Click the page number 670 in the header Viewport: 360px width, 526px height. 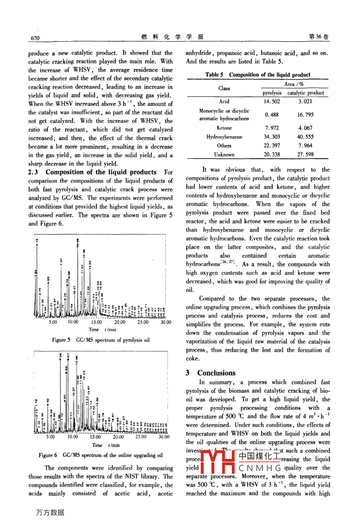(35, 37)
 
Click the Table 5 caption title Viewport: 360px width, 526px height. (258, 75)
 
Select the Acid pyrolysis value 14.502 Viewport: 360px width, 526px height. (272, 102)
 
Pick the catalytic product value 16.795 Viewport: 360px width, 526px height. (305, 115)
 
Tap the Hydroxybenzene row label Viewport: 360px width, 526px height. (224, 137)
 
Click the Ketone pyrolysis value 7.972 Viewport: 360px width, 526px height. (272, 128)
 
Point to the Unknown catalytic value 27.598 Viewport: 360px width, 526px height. (305, 154)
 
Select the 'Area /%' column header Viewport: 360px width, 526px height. (294, 84)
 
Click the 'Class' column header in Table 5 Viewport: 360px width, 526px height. (224, 88)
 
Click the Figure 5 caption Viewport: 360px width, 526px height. (101, 340)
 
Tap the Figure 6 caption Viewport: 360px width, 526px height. (101, 455)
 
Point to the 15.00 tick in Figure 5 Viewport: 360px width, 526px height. (97, 322)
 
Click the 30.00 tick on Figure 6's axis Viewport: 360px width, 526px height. (164, 437)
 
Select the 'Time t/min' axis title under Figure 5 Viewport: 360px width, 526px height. (102, 330)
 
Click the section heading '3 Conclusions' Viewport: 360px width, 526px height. (211, 373)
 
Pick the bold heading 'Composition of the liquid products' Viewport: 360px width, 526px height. (101, 172)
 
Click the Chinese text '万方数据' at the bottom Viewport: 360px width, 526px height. (50, 512)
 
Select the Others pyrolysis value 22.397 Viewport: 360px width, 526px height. (272, 145)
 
